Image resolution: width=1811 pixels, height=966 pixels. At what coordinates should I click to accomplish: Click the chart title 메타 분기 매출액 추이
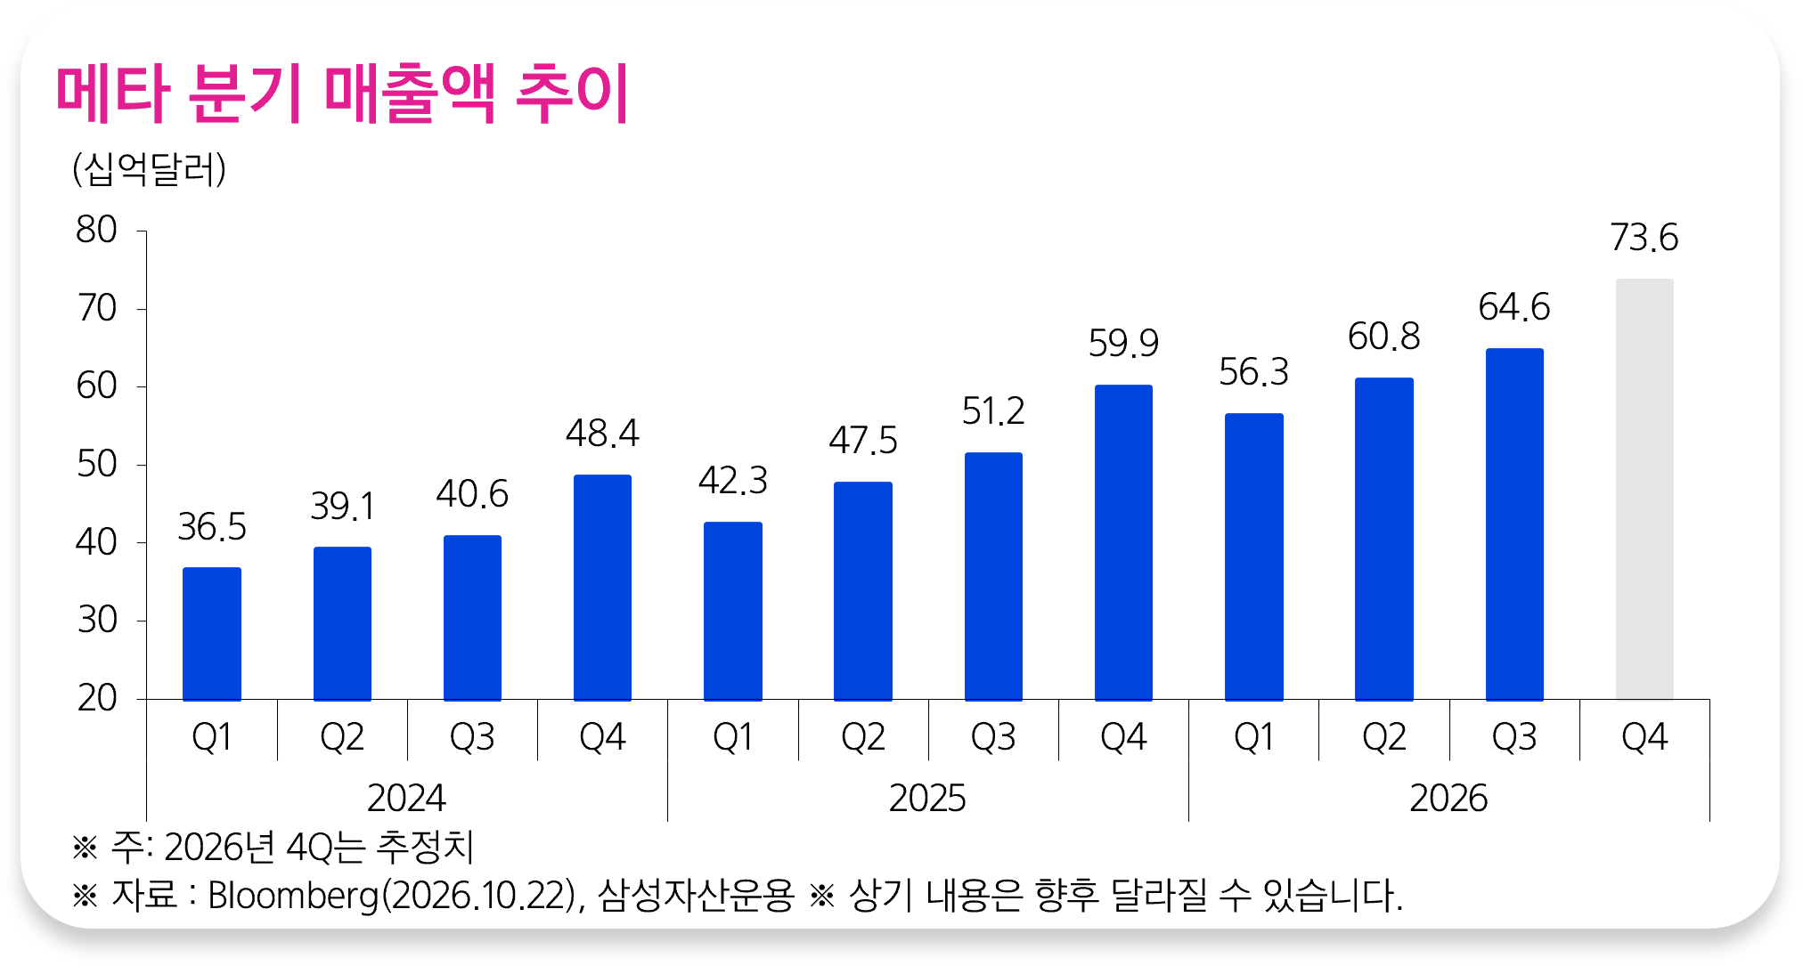click(343, 93)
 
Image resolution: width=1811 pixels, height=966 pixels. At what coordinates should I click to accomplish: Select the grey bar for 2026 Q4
click(1644, 489)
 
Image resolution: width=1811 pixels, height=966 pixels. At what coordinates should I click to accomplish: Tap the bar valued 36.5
click(212, 634)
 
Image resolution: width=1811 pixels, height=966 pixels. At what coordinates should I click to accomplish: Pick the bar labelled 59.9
click(1123, 542)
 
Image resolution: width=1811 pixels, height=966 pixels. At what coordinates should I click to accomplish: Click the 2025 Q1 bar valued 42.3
click(733, 611)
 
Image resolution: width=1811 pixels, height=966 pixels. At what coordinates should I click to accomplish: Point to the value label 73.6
click(1644, 238)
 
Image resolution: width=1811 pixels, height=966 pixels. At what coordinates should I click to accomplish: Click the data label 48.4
click(602, 434)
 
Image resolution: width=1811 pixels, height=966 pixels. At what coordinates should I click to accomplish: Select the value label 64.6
click(1514, 307)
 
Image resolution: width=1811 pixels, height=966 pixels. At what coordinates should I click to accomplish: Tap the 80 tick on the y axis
click(96, 230)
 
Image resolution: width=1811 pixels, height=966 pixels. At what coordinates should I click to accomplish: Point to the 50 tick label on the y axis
click(96, 464)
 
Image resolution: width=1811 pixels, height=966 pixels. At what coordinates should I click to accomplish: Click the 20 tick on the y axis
click(96, 698)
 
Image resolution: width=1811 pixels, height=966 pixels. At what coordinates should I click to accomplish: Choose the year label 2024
click(406, 798)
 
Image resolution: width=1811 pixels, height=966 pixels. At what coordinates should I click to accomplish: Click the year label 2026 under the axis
click(1448, 798)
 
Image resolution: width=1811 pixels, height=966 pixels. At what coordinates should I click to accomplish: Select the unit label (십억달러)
click(149, 168)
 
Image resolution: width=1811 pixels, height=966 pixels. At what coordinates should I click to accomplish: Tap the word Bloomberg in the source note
click(294, 896)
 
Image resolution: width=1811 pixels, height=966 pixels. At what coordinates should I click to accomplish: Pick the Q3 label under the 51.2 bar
click(993, 737)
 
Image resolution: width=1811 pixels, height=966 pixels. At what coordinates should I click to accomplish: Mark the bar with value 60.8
click(1384, 539)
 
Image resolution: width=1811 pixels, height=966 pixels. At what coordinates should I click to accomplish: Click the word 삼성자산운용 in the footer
click(696, 896)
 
